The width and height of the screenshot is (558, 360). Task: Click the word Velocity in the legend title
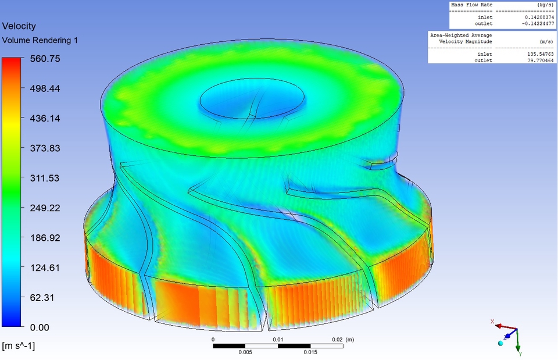(x=19, y=26)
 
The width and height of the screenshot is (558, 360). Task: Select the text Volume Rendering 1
(x=40, y=40)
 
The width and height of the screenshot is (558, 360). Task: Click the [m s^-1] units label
(x=18, y=346)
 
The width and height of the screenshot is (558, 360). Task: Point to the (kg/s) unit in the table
(x=543, y=5)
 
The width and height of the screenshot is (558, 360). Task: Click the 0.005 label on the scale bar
(x=245, y=352)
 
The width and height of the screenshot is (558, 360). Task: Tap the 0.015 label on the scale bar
(x=310, y=352)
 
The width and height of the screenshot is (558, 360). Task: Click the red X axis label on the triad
(x=492, y=322)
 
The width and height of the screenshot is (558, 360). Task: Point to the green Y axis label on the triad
(x=520, y=354)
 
